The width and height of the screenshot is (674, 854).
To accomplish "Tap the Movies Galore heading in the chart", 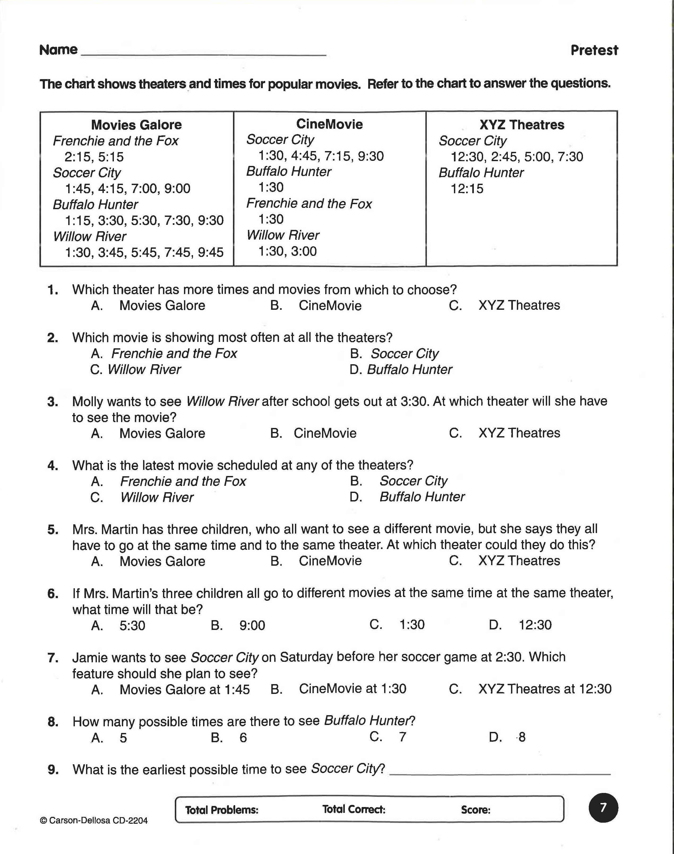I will click(x=136, y=125).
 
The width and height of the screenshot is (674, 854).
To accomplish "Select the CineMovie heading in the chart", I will click(x=329, y=124).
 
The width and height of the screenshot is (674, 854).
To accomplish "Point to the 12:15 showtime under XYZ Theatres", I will click(x=467, y=189).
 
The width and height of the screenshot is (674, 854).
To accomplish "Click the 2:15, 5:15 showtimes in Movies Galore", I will click(x=94, y=157).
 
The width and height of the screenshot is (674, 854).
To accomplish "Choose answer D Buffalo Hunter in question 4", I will click(x=422, y=497).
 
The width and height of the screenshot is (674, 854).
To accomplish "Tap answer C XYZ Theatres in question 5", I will click(x=519, y=561).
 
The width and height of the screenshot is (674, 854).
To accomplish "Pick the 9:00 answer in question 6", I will click(x=252, y=625).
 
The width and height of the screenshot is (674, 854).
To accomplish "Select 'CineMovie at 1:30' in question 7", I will click(x=352, y=689).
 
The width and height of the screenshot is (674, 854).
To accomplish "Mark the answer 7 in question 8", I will click(x=402, y=737).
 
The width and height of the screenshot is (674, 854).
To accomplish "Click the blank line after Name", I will click(x=203, y=53).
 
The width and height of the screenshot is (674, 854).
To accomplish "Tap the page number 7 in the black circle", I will click(x=603, y=808).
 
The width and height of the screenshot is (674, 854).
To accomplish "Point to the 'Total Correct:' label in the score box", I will click(x=354, y=809).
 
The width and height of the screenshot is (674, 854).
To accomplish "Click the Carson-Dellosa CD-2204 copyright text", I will click(x=94, y=821).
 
